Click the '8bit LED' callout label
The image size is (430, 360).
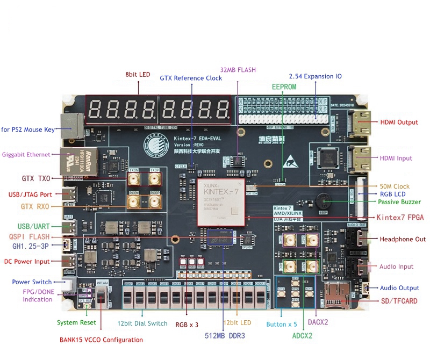(138, 74)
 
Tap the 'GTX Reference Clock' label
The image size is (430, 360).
(191, 78)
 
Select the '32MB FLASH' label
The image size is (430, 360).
(238, 70)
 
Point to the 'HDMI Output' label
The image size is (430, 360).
(399, 122)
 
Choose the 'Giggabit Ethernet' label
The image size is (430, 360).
(26, 154)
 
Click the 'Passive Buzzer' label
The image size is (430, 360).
(399, 202)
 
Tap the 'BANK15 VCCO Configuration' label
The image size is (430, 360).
(101, 340)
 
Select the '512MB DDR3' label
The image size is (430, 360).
(225, 336)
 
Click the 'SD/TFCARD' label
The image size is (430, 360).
(399, 301)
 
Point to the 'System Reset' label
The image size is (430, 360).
(76, 322)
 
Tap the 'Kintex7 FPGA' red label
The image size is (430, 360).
(400, 217)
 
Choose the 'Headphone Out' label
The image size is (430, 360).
(403, 239)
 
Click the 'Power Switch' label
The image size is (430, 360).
(32, 282)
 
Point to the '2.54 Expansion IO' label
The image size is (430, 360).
(315, 76)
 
